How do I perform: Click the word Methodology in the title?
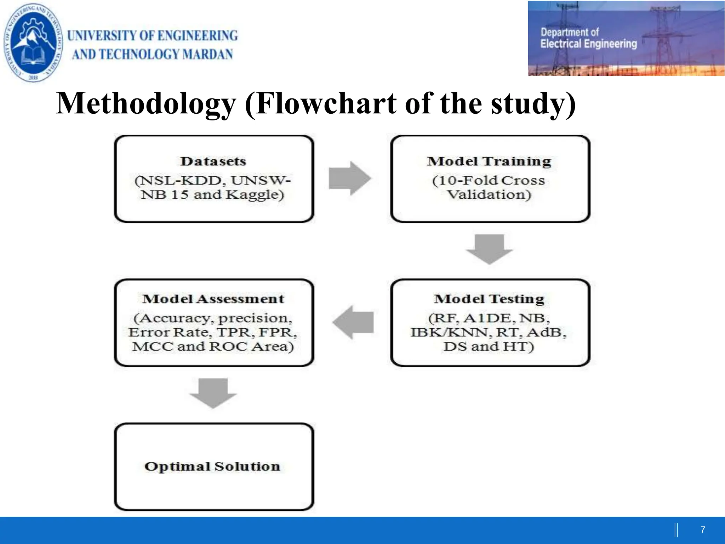point(146,104)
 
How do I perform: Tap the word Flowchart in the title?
point(326,104)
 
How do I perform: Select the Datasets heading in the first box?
point(213,161)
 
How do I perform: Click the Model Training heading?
point(489,161)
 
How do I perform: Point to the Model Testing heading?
point(489,299)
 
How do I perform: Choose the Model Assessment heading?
point(213,299)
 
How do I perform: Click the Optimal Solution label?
point(212,466)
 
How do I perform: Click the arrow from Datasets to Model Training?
point(349,178)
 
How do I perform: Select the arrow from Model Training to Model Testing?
point(489,249)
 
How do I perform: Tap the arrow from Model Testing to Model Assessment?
point(353,322)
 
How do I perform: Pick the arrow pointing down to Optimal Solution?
point(213,393)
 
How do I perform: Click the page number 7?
point(703,530)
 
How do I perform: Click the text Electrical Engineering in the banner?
point(588,44)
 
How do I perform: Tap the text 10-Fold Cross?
point(489,181)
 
